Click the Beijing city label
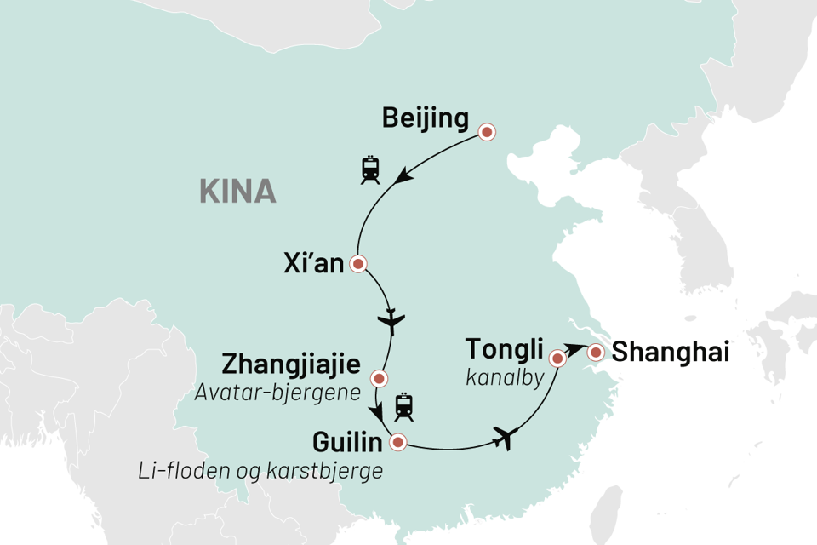pyautogui.click(x=426, y=119)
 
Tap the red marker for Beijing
pyautogui.click(x=487, y=132)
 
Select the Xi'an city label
pyautogui.click(x=313, y=264)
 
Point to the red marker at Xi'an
pyautogui.click(x=358, y=264)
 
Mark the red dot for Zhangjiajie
pyautogui.click(x=380, y=378)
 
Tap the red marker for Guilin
pyautogui.click(x=397, y=442)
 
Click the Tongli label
pyautogui.click(x=503, y=349)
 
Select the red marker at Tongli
pyautogui.click(x=558, y=359)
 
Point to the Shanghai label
pyautogui.click(x=672, y=352)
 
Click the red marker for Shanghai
pyautogui.click(x=596, y=352)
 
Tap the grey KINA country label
pyautogui.click(x=237, y=192)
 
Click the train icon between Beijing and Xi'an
pyautogui.click(x=370, y=169)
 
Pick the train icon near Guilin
pyautogui.click(x=403, y=408)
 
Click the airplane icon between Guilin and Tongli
pyautogui.click(x=505, y=439)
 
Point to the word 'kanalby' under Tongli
pyautogui.click(x=505, y=375)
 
